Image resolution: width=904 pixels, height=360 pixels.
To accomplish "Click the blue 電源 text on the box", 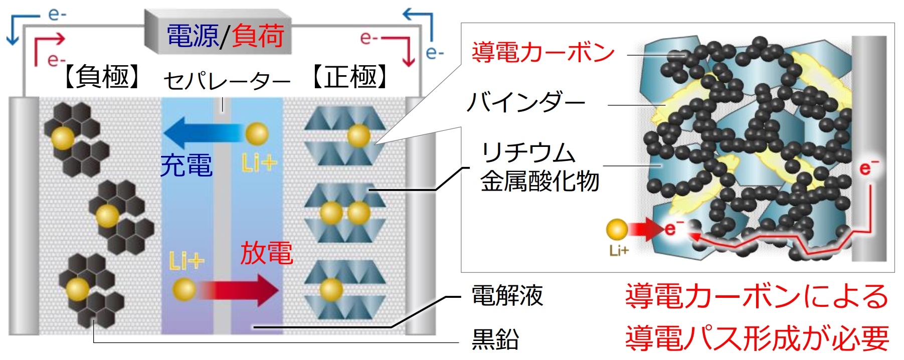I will tap(193, 36).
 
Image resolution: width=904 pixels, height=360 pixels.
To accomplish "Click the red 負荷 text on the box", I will tap(258, 36).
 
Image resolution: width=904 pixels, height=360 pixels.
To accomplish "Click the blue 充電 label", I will tap(187, 165).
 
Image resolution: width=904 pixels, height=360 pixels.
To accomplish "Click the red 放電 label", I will tap(266, 253).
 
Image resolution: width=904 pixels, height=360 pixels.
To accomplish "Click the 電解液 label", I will tap(507, 296).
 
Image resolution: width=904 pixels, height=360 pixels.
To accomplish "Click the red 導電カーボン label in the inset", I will tap(543, 52).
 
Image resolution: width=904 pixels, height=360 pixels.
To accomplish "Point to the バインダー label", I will tap(526, 103).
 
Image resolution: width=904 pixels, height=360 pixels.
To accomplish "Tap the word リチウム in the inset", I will tap(528, 152).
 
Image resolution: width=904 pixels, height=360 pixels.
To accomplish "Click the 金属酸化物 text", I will tap(539, 181).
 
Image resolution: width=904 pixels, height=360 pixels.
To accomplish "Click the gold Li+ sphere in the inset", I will tap(617, 230).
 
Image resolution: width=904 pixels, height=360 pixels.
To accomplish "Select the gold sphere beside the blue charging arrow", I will tap(257, 134).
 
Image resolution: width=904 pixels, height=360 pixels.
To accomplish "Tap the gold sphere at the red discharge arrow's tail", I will tap(184, 290).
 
